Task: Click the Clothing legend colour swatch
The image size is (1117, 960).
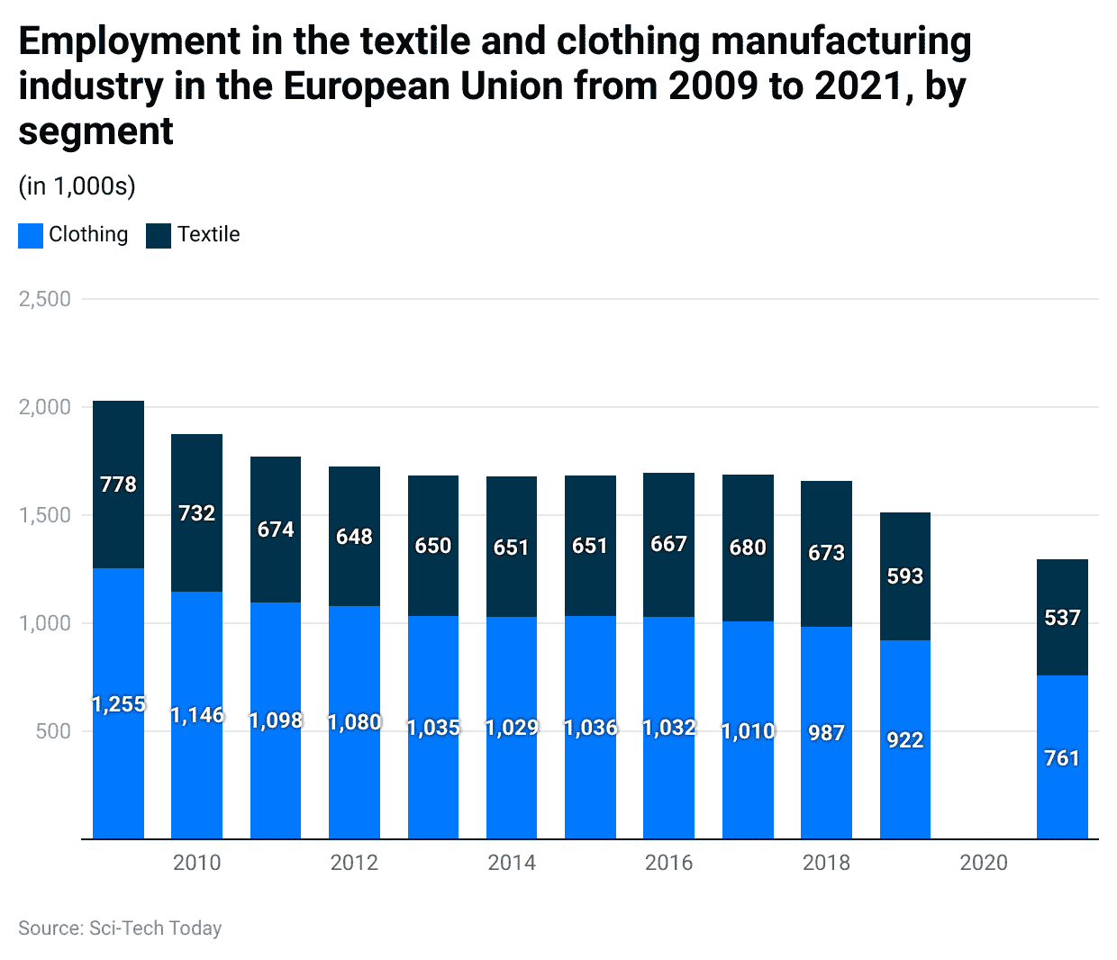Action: click(31, 235)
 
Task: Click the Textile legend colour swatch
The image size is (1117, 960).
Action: click(159, 235)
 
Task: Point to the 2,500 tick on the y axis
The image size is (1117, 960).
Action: click(45, 299)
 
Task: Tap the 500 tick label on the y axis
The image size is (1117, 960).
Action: click(53, 731)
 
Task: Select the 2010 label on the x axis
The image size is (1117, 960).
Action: click(196, 863)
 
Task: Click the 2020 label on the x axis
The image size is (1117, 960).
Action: click(984, 863)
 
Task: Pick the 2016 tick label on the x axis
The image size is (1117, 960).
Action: click(668, 863)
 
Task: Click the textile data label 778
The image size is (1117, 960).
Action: click(118, 485)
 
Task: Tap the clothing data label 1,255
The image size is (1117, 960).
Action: click(118, 704)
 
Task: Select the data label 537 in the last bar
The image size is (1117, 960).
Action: click(1062, 618)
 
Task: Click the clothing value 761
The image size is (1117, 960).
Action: click(1062, 758)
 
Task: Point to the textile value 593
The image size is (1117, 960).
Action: click(904, 576)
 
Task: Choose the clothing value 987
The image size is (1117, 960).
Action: click(826, 733)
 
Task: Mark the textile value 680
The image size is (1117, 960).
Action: click(748, 548)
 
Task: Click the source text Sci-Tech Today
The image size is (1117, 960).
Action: click(155, 928)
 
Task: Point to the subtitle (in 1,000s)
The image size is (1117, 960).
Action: click(77, 186)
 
